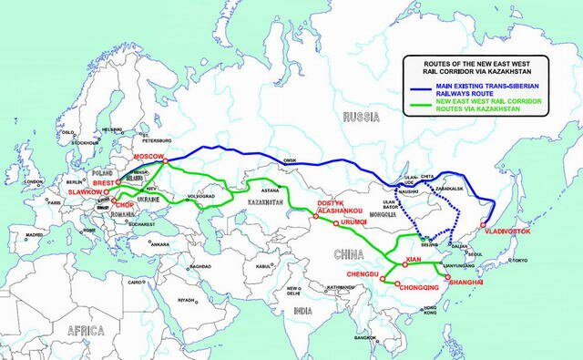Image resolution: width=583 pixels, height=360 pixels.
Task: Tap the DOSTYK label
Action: tap(330, 201)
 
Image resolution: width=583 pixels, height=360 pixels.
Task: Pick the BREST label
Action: tap(103, 182)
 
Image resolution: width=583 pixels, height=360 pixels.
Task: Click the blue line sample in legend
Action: tap(433, 87)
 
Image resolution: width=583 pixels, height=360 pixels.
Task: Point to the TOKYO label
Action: tap(519, 260)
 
